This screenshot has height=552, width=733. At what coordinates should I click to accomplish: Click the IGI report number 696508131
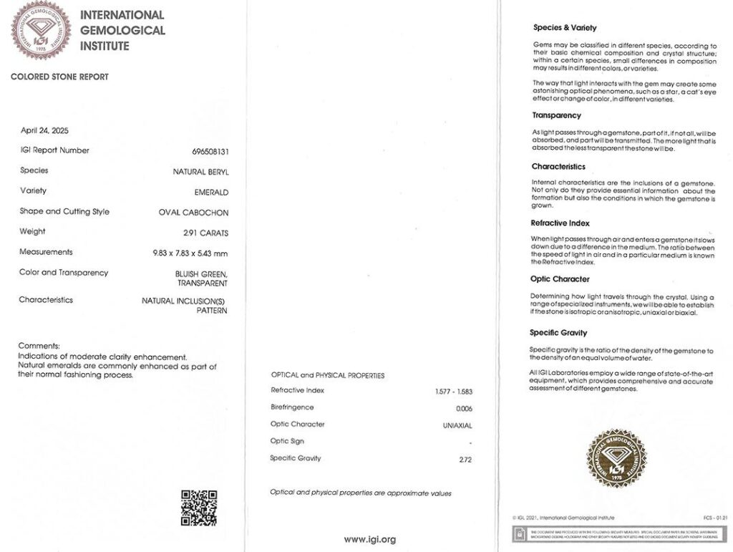[x=210, y=152]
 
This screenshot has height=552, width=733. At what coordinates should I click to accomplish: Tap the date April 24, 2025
[x=44, y=130]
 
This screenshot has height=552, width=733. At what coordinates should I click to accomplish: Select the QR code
[x=198, y=508]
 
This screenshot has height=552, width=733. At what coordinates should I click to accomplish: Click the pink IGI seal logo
[x=41, y=30]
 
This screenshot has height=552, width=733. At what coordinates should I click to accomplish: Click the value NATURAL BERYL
[x=200, y=172]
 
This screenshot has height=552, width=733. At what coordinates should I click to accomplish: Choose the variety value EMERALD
[x=211, y=192]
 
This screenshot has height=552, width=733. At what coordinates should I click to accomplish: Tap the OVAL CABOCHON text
[x=193, y=213]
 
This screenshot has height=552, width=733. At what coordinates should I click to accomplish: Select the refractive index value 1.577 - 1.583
[x=454, y=392]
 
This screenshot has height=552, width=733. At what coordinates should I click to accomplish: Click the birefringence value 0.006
[x=464, y=409]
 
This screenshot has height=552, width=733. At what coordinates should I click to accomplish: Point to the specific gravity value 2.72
[x=465, y=460]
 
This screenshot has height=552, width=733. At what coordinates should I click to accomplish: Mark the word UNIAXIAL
[x=457, y=425]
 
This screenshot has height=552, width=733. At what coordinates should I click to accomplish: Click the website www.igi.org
[x=369, y=539]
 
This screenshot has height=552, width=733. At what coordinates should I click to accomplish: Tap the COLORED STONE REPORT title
[x=59, y=77]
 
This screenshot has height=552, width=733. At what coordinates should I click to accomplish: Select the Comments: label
[x=39, y=346]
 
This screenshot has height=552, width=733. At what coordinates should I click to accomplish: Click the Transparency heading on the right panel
[x=556, y=115]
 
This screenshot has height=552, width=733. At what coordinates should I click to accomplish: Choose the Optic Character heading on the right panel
[x=560, y=279]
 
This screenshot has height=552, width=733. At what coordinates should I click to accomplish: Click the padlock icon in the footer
[x=518, y=534]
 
